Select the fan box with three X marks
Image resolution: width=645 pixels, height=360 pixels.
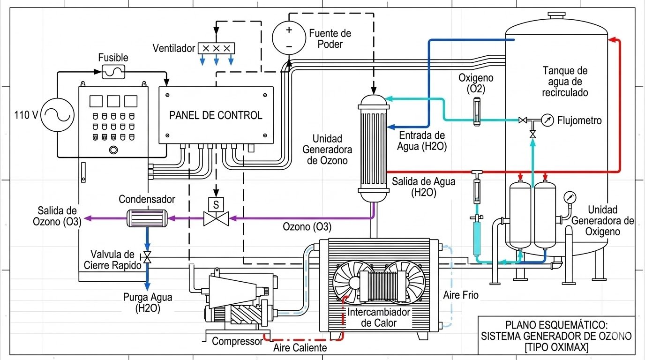(x=216, y=48)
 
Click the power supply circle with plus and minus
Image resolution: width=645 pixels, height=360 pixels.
(x=289, y=38)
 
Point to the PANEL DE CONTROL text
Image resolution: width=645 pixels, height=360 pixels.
(x=216, y=115)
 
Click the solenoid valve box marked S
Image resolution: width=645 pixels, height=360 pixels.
(x=216, y=205)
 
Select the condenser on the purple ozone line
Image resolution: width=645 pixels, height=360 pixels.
(x=147, y=217)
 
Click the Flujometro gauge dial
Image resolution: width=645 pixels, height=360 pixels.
(x=547, y=120)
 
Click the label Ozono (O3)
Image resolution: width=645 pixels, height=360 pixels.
(x=307, y=227)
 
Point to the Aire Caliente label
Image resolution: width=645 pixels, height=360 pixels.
(x=300, y=348)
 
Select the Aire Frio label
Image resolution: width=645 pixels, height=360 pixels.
(x=461, y=296)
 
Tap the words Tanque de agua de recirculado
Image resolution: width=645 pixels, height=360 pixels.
(x=564, y=82)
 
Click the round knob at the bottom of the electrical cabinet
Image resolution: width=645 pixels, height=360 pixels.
(x=112, y=150)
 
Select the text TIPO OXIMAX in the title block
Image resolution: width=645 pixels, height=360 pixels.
(x=556, y=347)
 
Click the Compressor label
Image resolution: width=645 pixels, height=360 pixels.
(x=237, y=342)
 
